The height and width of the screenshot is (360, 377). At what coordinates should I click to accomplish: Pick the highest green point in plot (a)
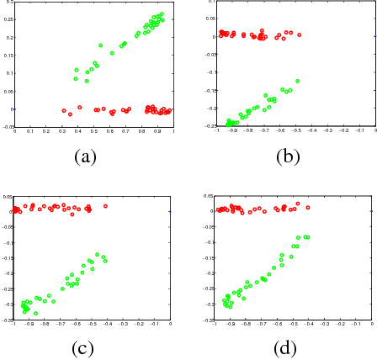click(x=161, y=13)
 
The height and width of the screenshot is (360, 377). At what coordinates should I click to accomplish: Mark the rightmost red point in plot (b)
click(x=299, y=34)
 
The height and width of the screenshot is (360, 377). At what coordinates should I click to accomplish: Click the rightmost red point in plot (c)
click(x=106, y=205)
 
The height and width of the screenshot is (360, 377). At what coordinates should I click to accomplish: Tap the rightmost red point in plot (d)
click(x=308, y=207)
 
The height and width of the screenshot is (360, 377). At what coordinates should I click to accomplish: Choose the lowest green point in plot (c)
click(x=36, y=313)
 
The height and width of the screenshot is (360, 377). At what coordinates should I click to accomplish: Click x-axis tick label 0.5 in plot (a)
click(x=94, y=130)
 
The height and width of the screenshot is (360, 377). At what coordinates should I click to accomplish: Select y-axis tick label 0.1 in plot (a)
click(x=9, y=73)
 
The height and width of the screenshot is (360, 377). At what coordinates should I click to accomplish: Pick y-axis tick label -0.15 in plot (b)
click(x=207, y=94)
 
